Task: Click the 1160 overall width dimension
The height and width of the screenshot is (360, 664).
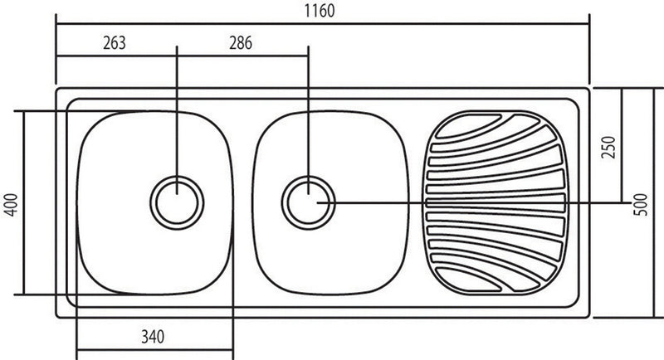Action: (x=320, y=11)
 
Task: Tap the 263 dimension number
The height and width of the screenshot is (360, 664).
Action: (x=115, y=43)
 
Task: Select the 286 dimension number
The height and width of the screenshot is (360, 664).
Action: (x=241, y=43)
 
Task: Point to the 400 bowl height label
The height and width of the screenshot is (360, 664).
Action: (x=12, y=205)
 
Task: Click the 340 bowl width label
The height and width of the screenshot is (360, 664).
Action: (x=153, y=337)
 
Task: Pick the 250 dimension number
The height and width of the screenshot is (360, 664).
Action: (x=608, y=147)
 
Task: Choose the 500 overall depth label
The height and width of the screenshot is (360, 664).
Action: (x=641, y=205)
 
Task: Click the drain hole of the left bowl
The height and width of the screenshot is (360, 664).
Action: (x=177, y=203)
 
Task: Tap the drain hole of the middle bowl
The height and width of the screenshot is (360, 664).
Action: (x=308, y=203)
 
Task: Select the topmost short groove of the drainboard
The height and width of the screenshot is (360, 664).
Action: (x=468, y=127)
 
